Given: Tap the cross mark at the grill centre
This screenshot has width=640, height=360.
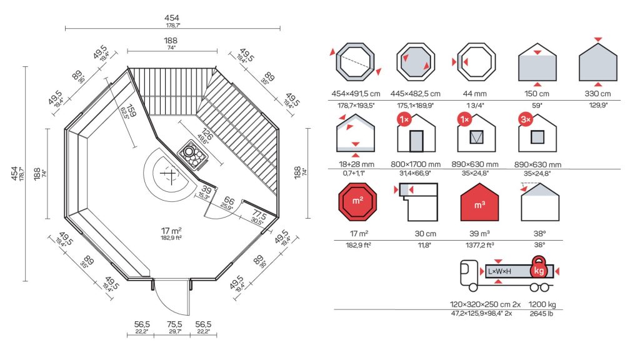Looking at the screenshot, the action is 169,174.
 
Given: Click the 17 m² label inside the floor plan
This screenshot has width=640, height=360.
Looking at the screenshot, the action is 171,231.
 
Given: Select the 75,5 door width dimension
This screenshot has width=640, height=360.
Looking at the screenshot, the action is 174,324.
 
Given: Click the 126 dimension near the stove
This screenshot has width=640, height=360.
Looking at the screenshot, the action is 207,135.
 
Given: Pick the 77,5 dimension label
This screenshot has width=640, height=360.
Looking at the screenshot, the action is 259,215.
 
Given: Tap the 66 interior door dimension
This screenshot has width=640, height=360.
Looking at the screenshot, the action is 229,201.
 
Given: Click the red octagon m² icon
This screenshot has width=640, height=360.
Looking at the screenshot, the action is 357,202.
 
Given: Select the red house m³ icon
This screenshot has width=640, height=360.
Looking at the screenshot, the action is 479,202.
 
